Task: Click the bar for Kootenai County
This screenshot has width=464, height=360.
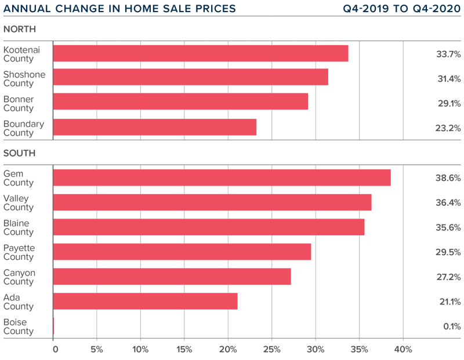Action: (x=201, y=53)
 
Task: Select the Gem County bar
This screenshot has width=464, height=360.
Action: (x=222, y=177)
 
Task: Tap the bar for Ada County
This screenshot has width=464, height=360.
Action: (x=145, y=301)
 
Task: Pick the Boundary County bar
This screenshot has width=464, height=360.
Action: (x=154, y=128)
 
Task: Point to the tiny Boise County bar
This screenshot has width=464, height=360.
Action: (x=53, y=326)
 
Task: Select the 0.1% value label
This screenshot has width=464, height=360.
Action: (x=451, y=326)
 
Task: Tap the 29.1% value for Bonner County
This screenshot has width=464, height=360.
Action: (x=448, y=103)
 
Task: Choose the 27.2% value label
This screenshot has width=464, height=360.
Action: (x=448, y=277)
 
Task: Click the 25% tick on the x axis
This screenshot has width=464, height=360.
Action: (x=271, y=350)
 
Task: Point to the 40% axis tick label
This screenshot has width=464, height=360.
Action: (x=403, y=350)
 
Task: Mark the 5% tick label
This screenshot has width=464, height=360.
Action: (x=96, y=350)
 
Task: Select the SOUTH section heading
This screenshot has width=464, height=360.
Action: (x=19, y=153)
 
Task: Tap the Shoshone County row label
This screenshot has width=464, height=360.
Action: (x=24, y=79)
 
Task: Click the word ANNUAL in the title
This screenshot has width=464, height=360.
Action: (x=26, y=9)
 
